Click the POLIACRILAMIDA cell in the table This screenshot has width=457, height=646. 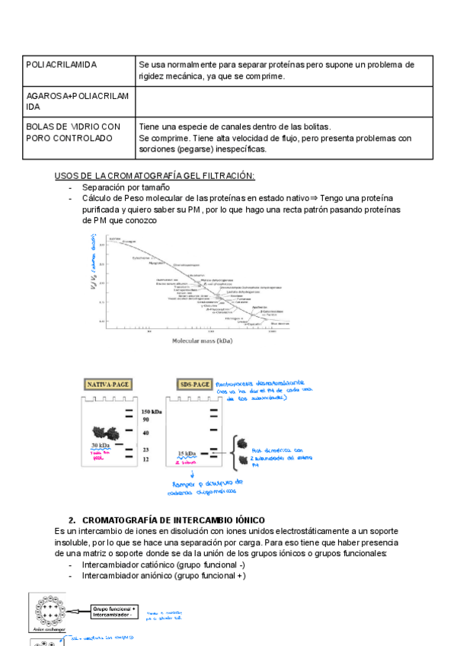pos(62,65)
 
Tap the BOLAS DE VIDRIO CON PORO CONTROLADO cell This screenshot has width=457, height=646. pos(73,133)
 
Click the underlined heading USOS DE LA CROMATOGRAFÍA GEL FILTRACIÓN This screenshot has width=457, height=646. pos(155,176)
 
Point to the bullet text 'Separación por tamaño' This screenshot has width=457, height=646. pos(126,187)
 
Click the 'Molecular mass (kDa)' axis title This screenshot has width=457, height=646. pos(202,341)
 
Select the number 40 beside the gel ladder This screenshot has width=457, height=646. pos(146,433)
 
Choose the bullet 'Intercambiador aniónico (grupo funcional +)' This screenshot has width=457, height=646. pos(164,576)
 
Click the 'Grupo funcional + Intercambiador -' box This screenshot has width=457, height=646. pos(113,612)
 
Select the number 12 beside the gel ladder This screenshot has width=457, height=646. pos(146,460)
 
